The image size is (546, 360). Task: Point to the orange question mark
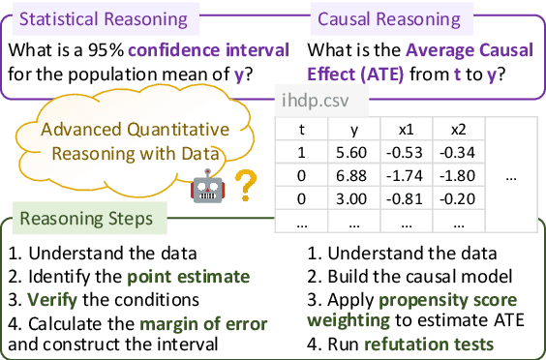pyautogui.click(x=246, y=182)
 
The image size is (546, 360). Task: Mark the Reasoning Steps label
pyautogui.click(x=86, y=219)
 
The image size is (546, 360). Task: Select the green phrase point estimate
pyautogui.click(x=188, y=277)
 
